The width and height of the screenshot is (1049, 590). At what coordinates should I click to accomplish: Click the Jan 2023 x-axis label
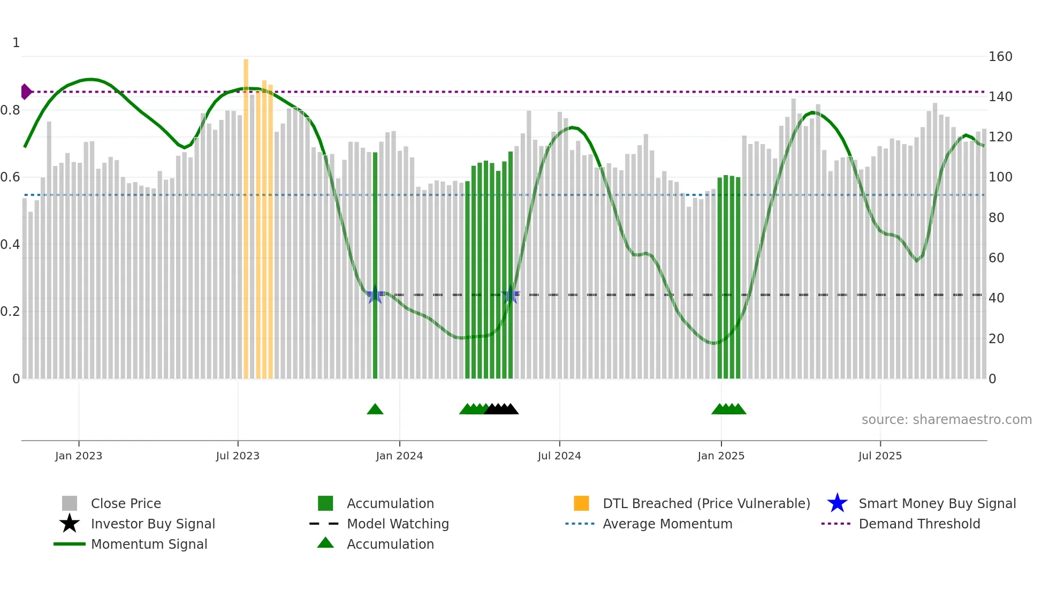click(79, 456)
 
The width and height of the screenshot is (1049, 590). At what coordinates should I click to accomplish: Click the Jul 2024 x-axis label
click(559, 456)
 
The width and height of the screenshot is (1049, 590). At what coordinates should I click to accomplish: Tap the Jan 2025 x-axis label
click(721, 456)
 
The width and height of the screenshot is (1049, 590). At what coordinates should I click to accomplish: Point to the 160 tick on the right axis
click(1000, 57)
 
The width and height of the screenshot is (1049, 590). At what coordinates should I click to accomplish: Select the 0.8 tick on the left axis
click(10, 110)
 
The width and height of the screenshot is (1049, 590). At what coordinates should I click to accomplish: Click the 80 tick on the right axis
click(996, 218)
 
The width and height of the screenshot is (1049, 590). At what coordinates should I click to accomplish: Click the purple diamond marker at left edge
click(26, 92)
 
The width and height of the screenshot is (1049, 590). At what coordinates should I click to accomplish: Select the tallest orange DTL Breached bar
click(246, 214)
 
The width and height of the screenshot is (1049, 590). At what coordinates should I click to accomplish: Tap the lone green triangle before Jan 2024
click(375, 409)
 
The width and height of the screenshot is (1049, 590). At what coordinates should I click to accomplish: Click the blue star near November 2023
click(375, 294)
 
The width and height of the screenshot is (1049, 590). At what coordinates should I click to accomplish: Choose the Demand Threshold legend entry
click(919, 524)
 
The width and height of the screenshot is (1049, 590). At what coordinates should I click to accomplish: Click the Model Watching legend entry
click(397, 524)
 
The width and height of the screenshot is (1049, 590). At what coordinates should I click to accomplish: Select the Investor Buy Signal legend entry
click(153, 524)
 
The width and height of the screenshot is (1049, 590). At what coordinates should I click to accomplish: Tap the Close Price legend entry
click(125, 503)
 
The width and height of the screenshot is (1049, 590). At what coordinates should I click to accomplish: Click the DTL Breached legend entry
click(706, 503)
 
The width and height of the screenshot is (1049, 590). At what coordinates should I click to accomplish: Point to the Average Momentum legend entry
click(667, 524)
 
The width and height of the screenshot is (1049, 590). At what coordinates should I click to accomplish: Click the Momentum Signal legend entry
click(149, 544)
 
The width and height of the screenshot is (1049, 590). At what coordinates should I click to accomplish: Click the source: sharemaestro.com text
click(946, 420)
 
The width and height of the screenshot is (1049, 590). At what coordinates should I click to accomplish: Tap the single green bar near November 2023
click(375, 241)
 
